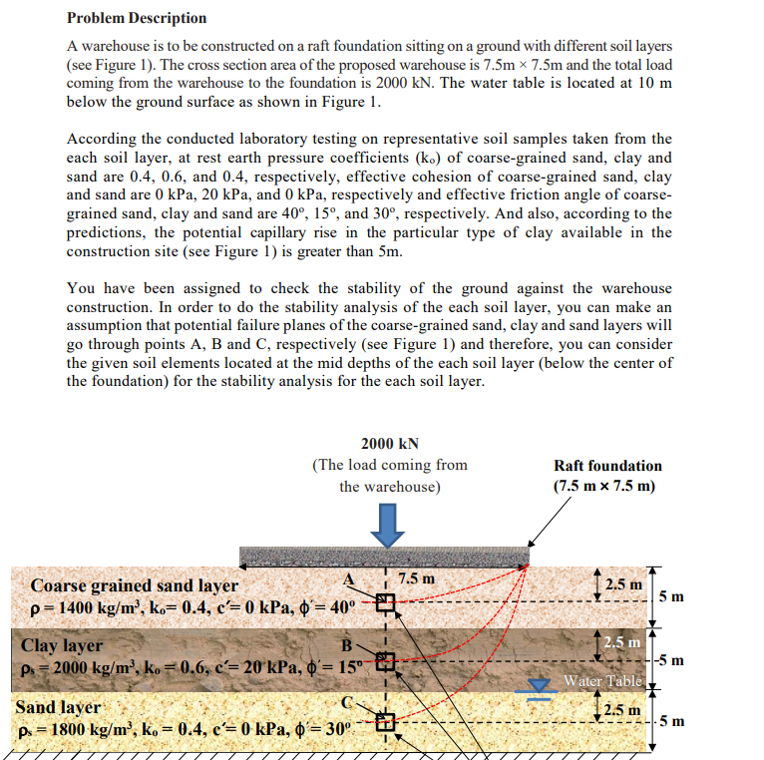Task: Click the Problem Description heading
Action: pyautogui.click(x=137, y=18)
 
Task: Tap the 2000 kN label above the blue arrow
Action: pyautogui.click(x=389, y=444)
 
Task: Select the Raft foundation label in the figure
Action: pyautogui.click(x=607, y=466)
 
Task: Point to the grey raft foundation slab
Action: pyautogui.click(x=384, y=555)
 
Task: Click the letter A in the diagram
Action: pyautogui.click(x=349, y=579)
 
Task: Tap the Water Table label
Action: pyautogui.click(x=601, y=682)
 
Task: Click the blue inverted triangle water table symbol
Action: pyautogui.click(x=541, y=684)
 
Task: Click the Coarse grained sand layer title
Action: pyautogui.click(x=135, y=585)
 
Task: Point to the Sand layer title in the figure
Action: pyautogui.click(x=58, y=707)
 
